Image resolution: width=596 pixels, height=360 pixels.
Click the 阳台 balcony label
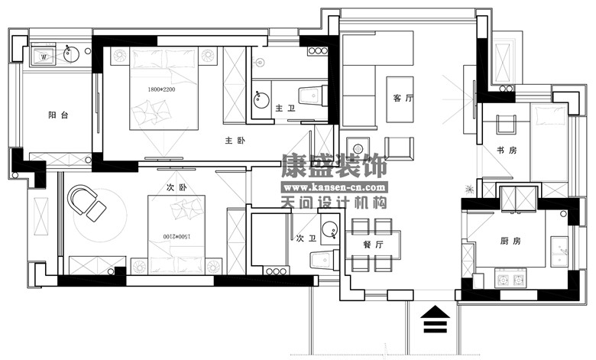(58, 115)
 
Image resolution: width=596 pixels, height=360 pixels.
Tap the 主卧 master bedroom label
(235, 141)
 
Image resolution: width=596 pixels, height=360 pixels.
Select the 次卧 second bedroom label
(177, 187)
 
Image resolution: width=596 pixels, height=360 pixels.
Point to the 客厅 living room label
(403, 98)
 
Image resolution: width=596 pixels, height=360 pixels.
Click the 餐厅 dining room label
(373, 245)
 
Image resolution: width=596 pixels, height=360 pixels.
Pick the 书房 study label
(507, 150)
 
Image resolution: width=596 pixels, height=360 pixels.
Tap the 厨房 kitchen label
(510, 241)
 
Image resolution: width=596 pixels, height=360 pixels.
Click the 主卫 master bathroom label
(285, 109)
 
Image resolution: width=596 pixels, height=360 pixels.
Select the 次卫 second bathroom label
(306, 238)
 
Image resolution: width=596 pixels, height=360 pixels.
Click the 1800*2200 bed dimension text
(161, 89)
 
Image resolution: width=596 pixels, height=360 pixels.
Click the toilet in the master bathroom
(313, 96)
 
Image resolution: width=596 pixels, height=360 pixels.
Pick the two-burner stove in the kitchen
(510, 280)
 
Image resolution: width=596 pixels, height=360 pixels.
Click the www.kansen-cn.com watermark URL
(335, 187)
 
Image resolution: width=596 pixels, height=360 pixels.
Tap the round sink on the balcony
(71, 54)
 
